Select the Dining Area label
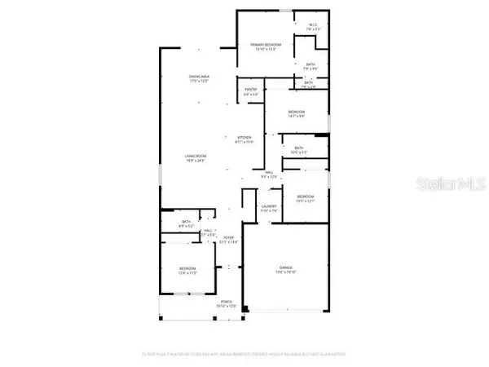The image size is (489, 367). pos(200,79)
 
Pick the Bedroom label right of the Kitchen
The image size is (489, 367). pos(296,113)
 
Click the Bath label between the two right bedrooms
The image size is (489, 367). pos(298,149)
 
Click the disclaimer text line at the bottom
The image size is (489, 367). pos(244,354)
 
